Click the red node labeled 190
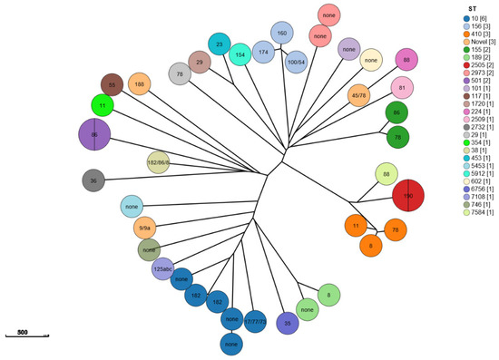point(408,196)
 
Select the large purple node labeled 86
point(94,134)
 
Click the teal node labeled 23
point(219,43)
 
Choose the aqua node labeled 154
point(240,54)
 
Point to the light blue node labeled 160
point(282,34)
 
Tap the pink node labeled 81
point(402,88)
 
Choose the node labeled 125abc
point(163,268)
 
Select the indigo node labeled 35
point(287,322)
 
